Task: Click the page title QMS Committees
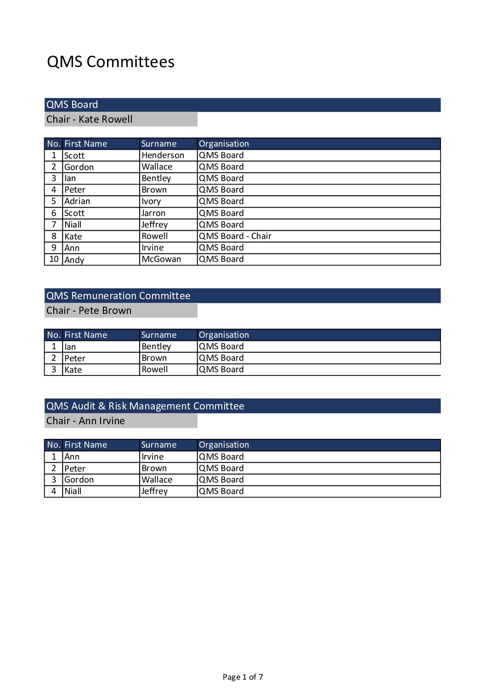(x=110, y=62)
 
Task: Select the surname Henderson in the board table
(x=163, y=155)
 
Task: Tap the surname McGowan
(x=161, y=259)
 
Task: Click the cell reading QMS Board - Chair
(x=235, y=236)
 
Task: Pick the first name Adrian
(x=77, y=201)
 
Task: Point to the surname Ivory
(x=151, y=201)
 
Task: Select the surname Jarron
(x=153, y=213)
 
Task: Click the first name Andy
(x=74, y=260)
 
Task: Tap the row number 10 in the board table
(x=54, y=259)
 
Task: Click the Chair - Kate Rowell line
(x=89, y=119)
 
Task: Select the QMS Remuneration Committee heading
(x=118, y=296)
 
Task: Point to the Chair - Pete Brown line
(x=89, y=311)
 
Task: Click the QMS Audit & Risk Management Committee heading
(x=145, y=406)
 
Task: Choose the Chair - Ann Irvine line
(x=85, y=421)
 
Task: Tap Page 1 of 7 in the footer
(x=243, y=677)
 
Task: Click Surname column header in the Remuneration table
(x=158, y=335)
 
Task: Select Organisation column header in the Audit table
(x=224, y=445)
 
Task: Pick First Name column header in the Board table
(x=85, y=144)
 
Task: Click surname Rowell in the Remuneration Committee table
(x=154, y=370)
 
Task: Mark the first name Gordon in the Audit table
(x=79, y=480)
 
